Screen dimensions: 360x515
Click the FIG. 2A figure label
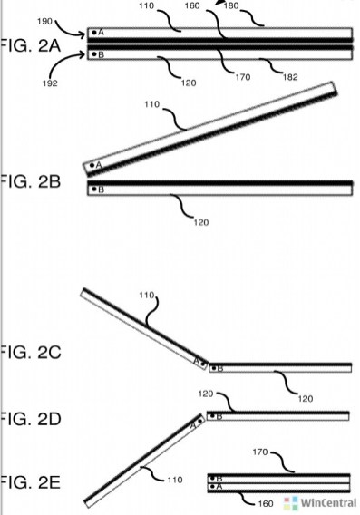pyautogui.click(x=30, y=45)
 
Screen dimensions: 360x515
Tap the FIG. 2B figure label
pyautogui.click(x=30, y=181)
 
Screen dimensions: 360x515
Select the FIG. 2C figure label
pyautogui.click(x=30, y=352)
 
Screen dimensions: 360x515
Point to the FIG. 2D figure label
pyautogui.click(x=30, y=419)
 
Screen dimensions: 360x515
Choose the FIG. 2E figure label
pyautogui.click(x=30, y=482)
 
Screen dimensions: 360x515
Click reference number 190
pyautogui.click(x=44, y=22)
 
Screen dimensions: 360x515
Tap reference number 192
pyautogui.click(x=50, y=83)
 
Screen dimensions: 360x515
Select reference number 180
pyautogui.click(x=231, y=5)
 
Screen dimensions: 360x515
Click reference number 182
pyautogui.click(x=290, y=77)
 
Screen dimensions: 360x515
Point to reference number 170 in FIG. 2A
pyautogui.click(x=243, y=77)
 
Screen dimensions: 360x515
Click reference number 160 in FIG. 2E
pyautogui.click(x=266, y=503)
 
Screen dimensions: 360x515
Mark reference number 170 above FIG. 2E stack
pyautogui.click(x=260, y=452)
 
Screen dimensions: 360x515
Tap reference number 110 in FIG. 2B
pyautogui.click(x=151, y=104)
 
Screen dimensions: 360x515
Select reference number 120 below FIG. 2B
pyautogui.click(x=201, y=223)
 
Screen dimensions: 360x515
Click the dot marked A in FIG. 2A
pyautogui.click(x=94, y=33)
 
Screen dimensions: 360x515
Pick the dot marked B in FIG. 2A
pyautogui.click(x=94, y=53)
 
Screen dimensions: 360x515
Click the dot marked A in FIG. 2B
pyautogui.click(x=92, y=165)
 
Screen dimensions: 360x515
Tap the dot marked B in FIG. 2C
pyautogui.click(x=214, y=368)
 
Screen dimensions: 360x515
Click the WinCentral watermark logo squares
pyautogui.click(x=291, y=503)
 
